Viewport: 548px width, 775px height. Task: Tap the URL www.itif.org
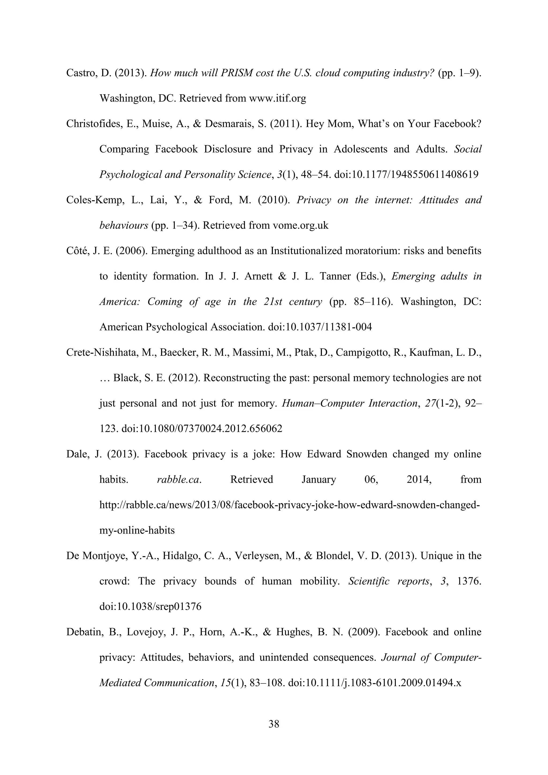click(277, 98)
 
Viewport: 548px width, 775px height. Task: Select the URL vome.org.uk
click(300, 226)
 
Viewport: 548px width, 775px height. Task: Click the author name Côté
click(77, 251)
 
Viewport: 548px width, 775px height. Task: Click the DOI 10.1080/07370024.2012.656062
click(201, 429)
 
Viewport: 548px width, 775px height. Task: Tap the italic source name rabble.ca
click(179, 480)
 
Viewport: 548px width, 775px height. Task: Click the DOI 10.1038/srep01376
click(150, 607)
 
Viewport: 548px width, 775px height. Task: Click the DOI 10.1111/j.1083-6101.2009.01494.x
click(375, 683)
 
